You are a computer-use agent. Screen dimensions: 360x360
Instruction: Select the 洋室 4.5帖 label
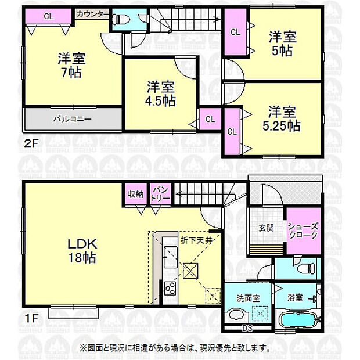(161, 93)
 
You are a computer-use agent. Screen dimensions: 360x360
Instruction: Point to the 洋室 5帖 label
(283, 44)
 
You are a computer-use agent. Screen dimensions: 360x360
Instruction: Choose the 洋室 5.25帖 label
(283, 117)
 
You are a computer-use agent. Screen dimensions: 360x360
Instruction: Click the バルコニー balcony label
(72, 118)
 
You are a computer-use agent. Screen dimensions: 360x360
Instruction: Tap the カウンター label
(92, 12)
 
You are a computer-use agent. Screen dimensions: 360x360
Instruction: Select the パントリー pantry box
(161, 193)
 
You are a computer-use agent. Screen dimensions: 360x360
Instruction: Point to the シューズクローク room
(302, 231)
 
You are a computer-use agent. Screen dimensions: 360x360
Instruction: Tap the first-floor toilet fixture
(305, 269)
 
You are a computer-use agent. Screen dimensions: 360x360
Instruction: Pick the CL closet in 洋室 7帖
(49, 16)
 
